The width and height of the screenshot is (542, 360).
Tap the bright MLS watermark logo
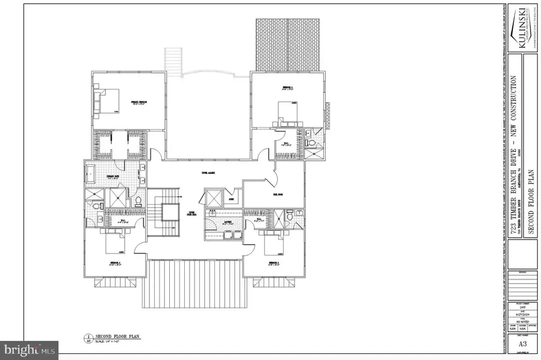coord(28,348)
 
